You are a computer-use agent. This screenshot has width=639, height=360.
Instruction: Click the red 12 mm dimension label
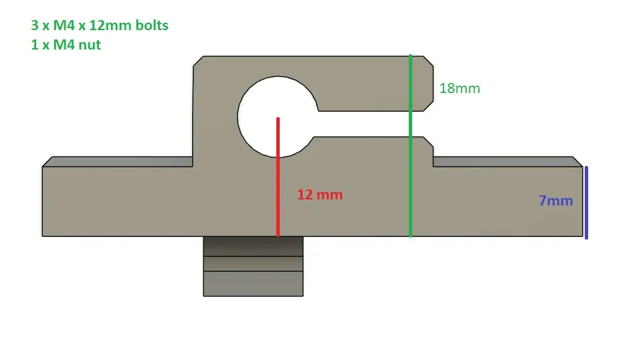click(x=320, y=195)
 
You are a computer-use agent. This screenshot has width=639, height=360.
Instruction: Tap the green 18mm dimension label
click(x=460, y=88)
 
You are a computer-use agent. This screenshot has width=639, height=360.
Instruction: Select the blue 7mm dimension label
click(x=556, y=201)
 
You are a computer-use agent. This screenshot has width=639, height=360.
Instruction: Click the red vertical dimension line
click(x=278, y=177)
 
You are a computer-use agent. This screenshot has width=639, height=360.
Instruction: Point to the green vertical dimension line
click(x=410, y=146)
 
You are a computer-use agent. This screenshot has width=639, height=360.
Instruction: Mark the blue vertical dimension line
click(x=586, y=203)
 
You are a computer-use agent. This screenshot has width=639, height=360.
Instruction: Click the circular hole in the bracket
click(x=278, y=116)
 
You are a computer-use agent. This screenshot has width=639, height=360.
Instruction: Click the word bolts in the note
click(x=152, y=25)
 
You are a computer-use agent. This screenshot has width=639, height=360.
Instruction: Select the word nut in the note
click(x=90, y=45)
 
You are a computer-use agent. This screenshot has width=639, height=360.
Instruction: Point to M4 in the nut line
click(x=64, y=45)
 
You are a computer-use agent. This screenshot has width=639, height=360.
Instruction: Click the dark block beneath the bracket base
click(x=253, y=266)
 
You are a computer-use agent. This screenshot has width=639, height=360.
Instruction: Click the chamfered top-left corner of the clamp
click(x=198, y=61)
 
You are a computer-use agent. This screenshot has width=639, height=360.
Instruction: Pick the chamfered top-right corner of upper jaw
click(x=428, y=61)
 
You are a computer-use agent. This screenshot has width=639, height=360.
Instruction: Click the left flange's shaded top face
click(x=117, y=161)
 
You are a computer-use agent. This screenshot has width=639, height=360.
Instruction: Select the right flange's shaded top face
click(x=508, y=161)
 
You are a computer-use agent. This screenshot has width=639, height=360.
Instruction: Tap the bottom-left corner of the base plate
click(x=42, y=236)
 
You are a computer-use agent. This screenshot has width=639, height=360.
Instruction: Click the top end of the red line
click(x=278, y=118)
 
